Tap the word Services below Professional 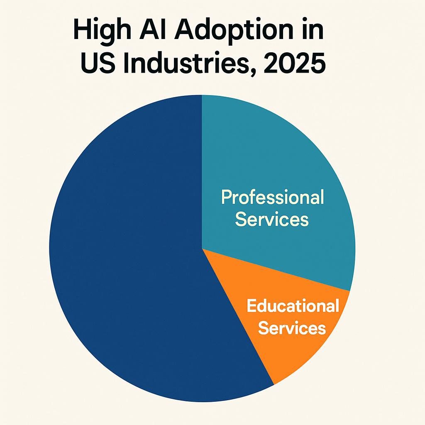coord(272,219)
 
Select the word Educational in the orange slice coord(293,306)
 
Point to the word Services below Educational coord(292,328)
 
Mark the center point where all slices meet coord(202,249)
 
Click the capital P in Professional coord(226,197)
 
